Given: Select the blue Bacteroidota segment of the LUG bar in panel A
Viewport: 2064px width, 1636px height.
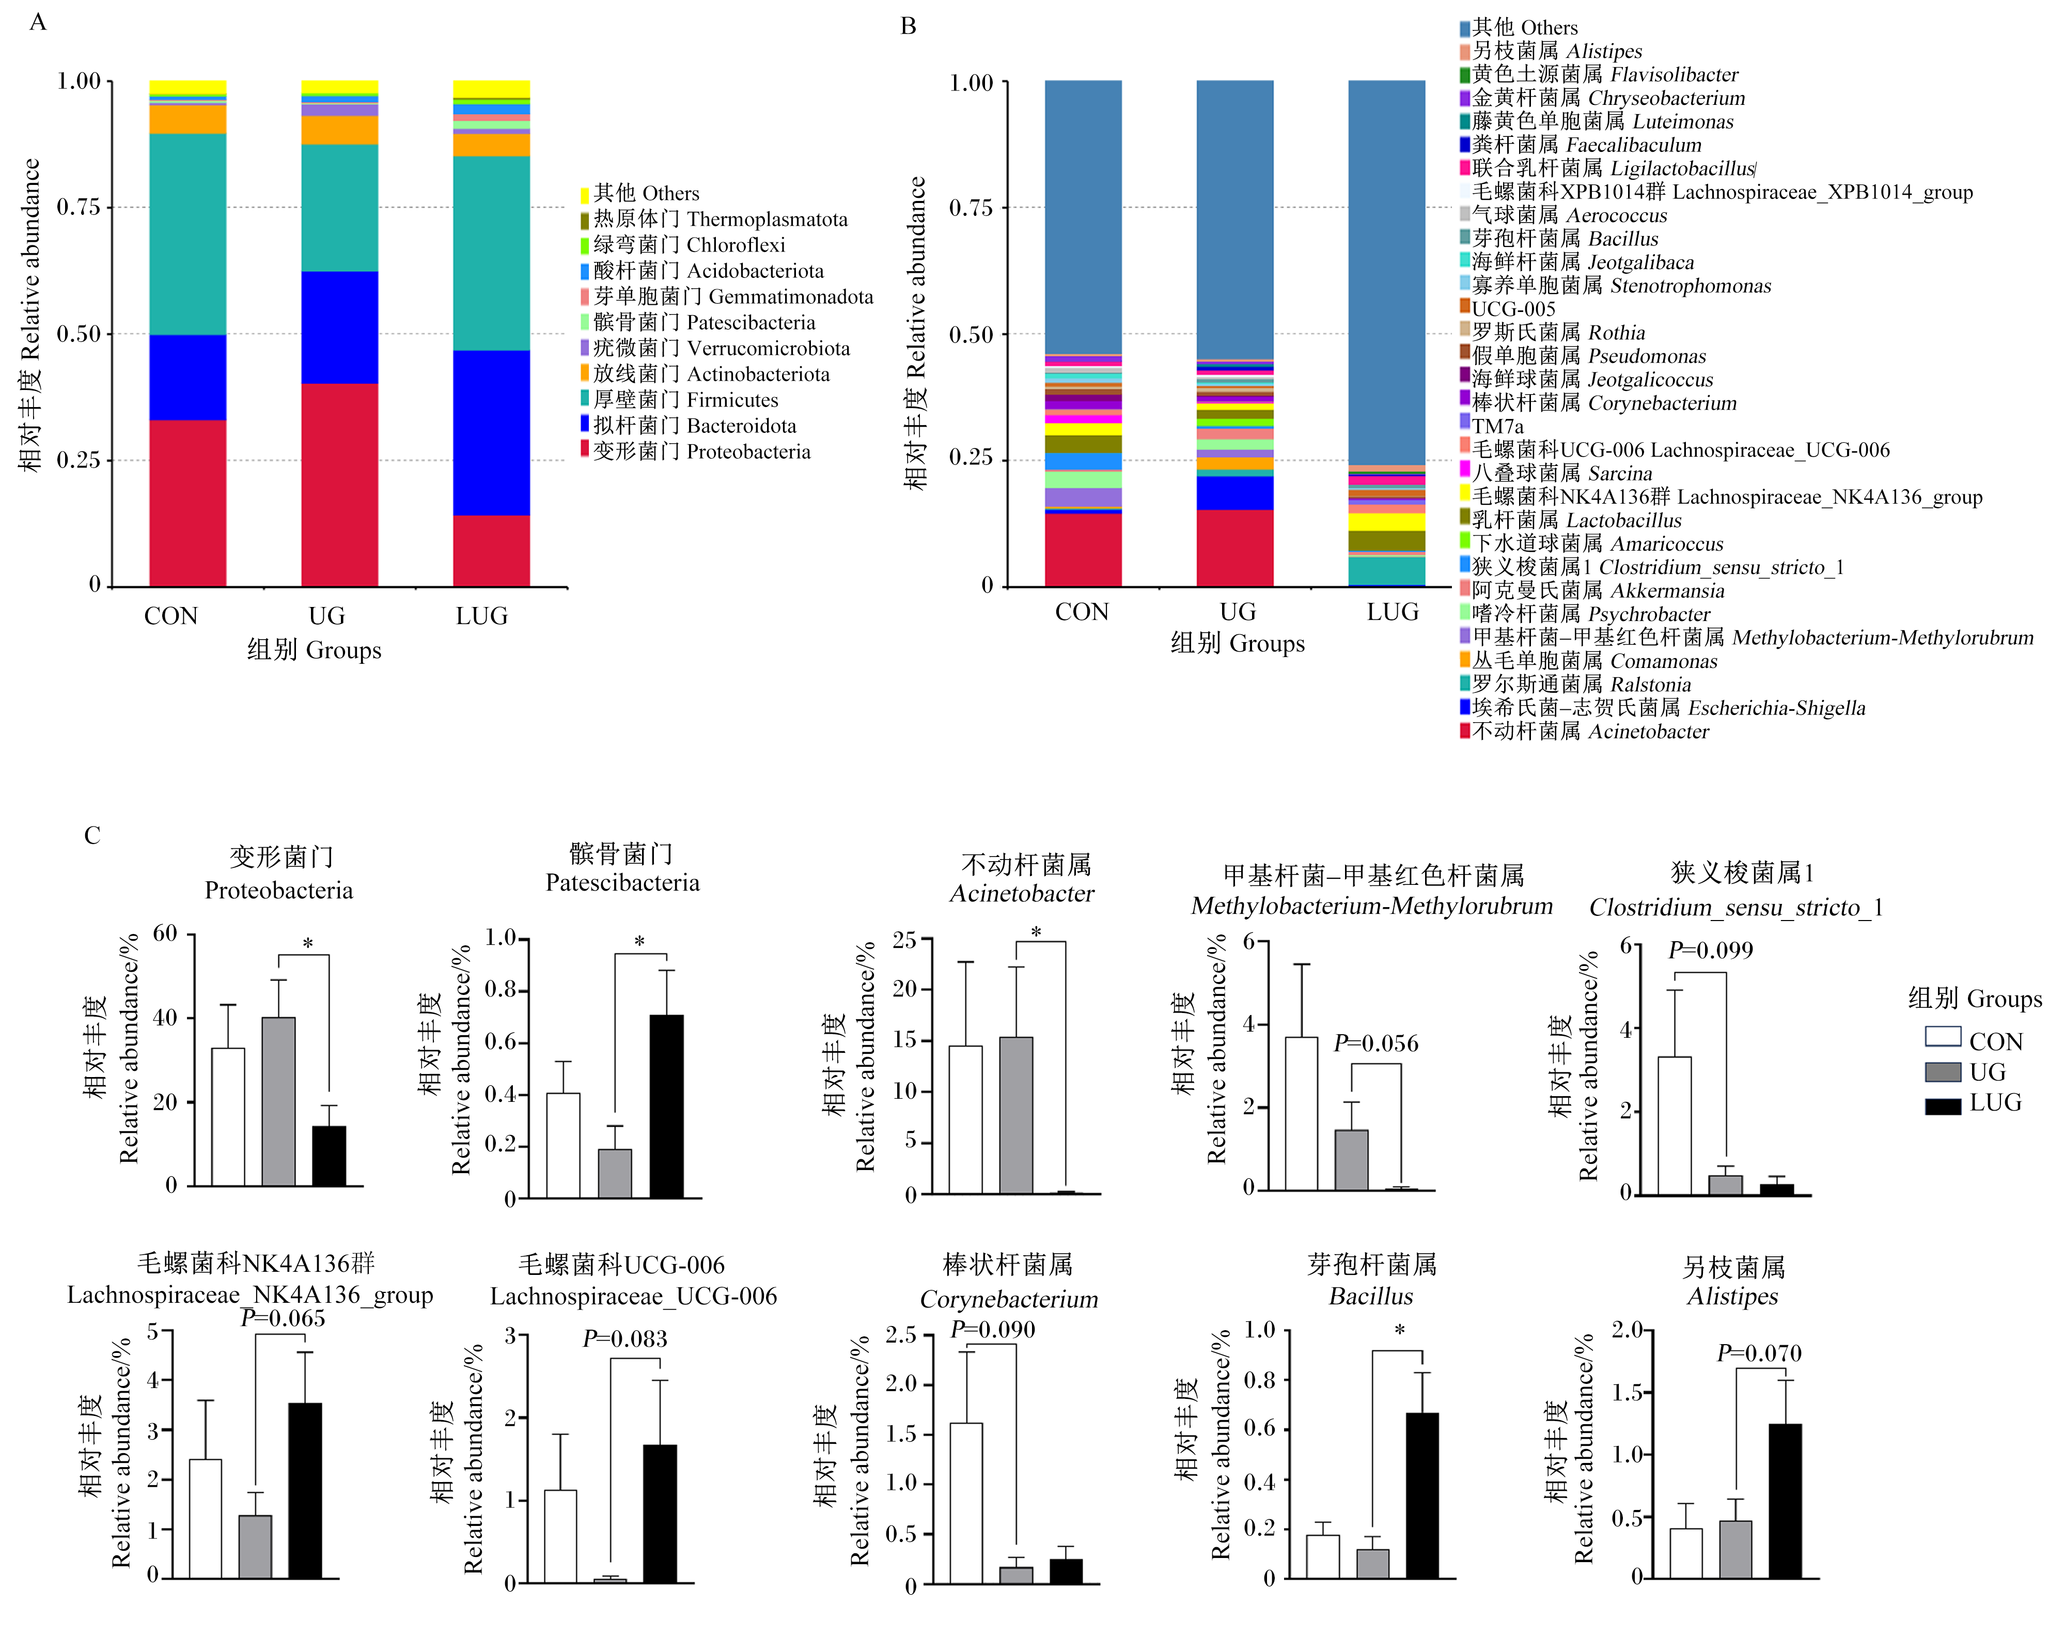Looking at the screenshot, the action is point(491,433).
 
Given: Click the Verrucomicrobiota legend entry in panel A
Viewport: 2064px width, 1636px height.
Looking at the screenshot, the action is point(715,349).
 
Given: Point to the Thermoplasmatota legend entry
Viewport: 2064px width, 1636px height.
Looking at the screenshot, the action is point(714,219).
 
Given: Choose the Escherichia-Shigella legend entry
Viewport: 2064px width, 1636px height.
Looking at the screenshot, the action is point(1662,708).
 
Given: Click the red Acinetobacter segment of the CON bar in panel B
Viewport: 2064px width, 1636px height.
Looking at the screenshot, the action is point(1083,550).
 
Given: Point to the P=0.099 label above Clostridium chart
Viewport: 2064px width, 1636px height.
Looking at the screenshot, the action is point(1711,951).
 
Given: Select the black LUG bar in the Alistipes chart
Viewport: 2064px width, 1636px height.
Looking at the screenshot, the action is point(1785,1501).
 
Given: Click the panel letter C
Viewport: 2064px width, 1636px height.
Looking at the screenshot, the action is point(92,836).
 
